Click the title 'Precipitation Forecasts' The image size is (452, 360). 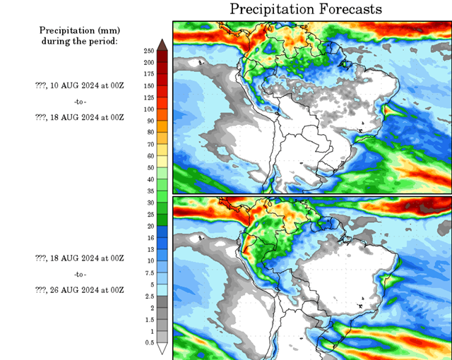coord(306,9)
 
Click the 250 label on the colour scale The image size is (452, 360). coord(148,51)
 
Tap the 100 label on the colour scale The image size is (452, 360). coord(148,109)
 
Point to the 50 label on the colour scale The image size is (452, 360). coord(148,168)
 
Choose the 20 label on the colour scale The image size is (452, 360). coord(148,226)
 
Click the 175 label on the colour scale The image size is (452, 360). coord(148,74)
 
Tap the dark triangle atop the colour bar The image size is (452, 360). coord(162,44)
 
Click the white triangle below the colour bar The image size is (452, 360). coord(162,348)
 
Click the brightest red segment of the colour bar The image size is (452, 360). coord(162,92)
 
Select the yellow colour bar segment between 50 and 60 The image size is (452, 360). coord(162,162)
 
